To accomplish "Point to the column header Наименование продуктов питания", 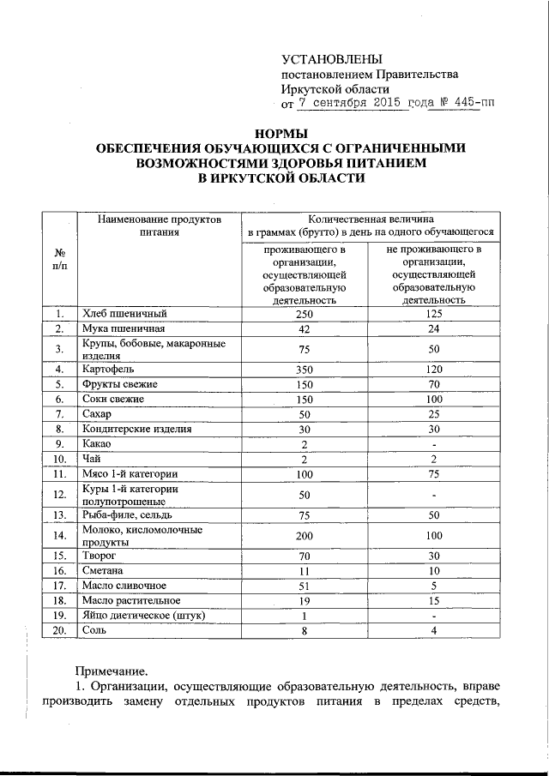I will tap(160, 226).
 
